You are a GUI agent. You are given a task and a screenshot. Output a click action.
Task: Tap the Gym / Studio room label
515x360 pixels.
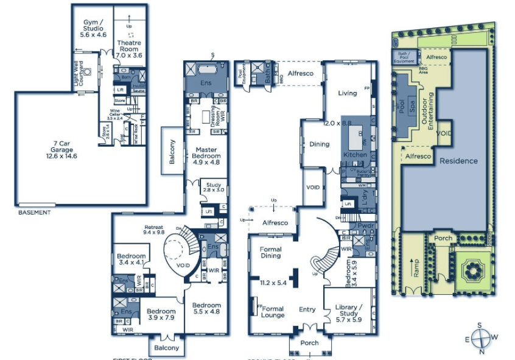pyautogui.click(x=93, y=28)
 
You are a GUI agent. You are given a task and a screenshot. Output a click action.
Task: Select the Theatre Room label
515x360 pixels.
pyautogui.click(x=128, y=49)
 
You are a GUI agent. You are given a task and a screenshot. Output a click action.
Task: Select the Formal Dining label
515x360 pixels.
pyautogui.click(x=271, y=252)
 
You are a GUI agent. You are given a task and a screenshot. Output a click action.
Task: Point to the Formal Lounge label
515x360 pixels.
pyautogui.click(x=273, y=312)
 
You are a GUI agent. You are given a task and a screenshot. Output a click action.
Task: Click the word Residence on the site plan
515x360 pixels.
pyautogui.click(x=459, y=161)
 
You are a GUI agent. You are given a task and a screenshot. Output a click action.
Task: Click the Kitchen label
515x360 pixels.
pyautogui.click(x=356, y=155)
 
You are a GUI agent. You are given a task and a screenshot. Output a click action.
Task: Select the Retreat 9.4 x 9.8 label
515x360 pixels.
pyautogui.click(x=155, y=229)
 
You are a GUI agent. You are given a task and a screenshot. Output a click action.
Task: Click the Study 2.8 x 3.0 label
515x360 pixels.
pyautogui.click(x=214, y=187)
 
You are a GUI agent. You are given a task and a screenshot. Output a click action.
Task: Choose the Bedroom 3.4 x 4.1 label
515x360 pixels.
pyautogui.click(x=131, y=259)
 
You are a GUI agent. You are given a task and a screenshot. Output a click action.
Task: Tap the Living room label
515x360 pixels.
pyautogui.click(x=348, y=93)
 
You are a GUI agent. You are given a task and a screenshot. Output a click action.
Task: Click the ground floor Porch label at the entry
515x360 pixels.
pyautogui.click(x=310, y=342)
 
